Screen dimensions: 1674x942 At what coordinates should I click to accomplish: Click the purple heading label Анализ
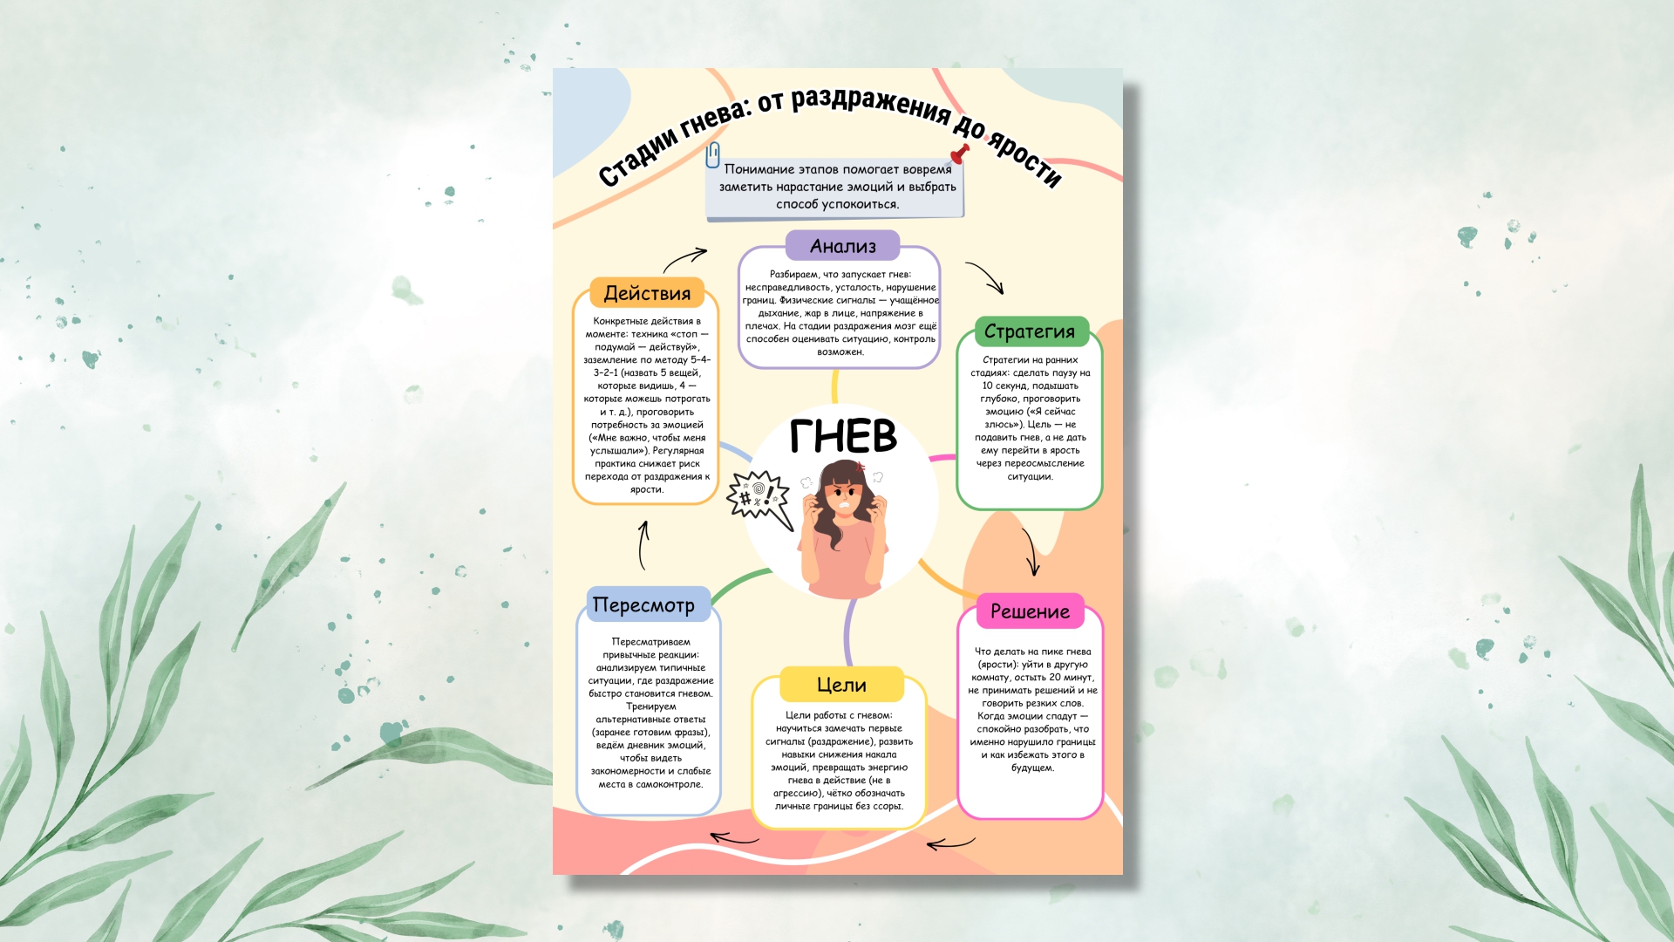(x=842, y=246)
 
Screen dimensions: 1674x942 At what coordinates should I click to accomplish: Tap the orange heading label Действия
(x=647, y=293)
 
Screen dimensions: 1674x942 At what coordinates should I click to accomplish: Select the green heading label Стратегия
(x=1030, y=331)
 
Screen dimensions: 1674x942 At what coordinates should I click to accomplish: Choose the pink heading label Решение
(x=1030, y=611)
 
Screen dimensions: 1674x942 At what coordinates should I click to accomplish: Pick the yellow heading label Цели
(x=841, y=685)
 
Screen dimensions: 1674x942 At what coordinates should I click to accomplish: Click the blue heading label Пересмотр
(x=644, y=604)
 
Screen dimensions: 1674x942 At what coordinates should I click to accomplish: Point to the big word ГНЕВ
(x=843, y=436)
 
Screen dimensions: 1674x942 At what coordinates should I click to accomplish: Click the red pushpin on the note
(x=960, y=154)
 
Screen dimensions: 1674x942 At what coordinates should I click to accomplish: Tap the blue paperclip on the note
(x=713, y=154)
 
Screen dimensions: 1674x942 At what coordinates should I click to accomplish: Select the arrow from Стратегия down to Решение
(x=1031, y=552)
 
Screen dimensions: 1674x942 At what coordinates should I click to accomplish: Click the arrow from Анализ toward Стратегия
(x=985, y=276)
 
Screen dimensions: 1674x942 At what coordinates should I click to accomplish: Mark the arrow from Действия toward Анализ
(x=684, y=258)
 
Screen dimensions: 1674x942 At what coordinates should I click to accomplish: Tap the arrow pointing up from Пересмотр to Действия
(x=643, y=545)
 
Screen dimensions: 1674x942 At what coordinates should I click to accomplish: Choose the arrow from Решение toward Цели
(x=950, y=843)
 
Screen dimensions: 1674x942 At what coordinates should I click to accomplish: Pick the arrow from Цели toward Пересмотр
(x=734, y=839)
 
